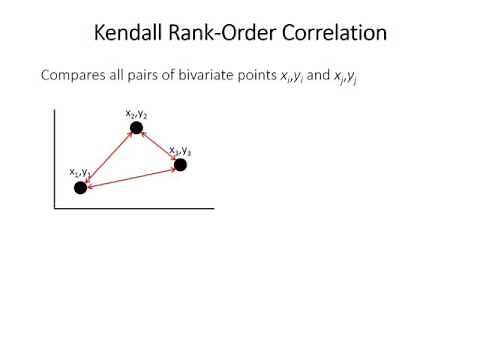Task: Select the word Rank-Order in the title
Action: pos(219,32)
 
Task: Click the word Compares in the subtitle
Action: pos(72,75)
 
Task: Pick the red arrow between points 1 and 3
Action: pos(130,175)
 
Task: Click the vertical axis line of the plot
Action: pos(52,160)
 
